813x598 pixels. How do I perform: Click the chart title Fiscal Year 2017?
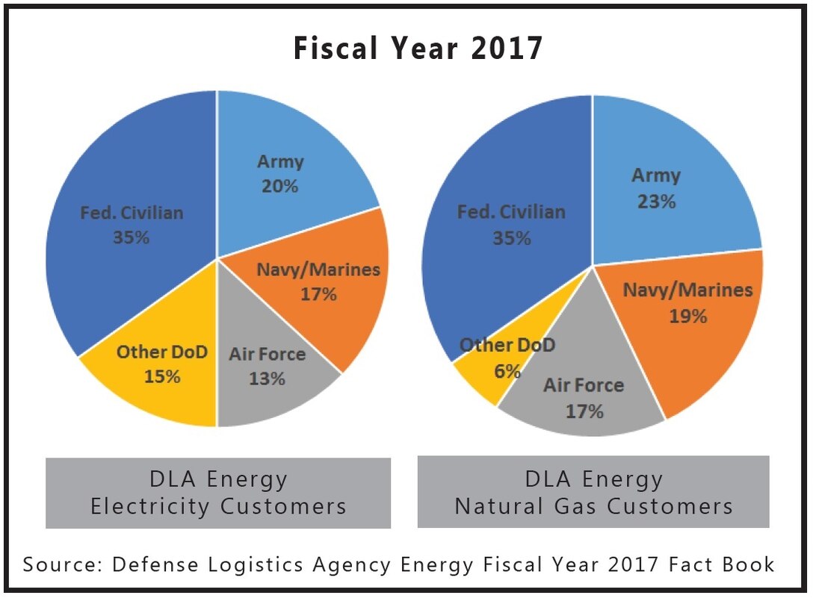(x=417, y=49)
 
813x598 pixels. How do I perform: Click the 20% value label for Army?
(x=280, y=186)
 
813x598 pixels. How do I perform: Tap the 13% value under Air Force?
(x=268, y=379)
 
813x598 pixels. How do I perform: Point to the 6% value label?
(x=507, y=370)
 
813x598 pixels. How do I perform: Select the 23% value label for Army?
(x=657, y=202)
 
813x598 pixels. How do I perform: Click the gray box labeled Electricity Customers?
(x=218, y=493)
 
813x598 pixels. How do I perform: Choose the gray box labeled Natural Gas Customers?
(x=593, y=492)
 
